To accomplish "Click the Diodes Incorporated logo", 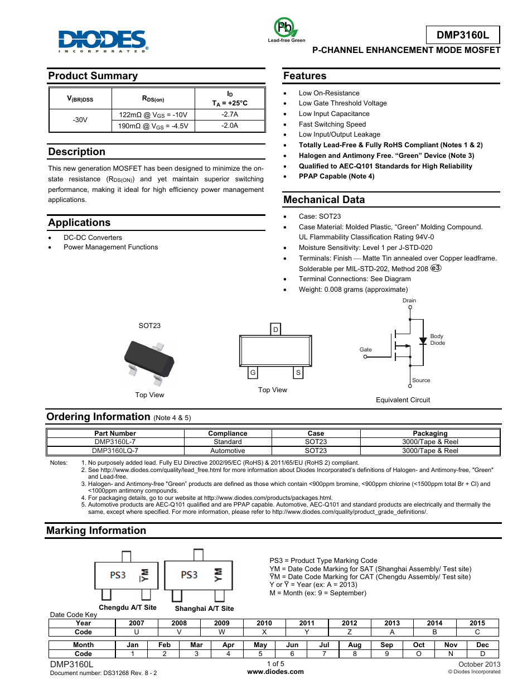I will coord(103,41).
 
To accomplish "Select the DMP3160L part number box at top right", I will coord(462,35).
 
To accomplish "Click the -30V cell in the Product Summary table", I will coord(80,120).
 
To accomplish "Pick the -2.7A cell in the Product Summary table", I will coord(230,114).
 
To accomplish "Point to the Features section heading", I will coord(304,76).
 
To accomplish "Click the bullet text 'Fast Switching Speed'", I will coord(332,124).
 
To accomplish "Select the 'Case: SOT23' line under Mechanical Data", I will coord(320,216).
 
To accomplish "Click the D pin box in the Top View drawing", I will coord(275,330).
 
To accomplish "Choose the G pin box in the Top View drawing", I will coord(253,373).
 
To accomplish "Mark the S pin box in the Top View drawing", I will coord(298,373).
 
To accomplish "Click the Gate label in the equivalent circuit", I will coord(366,350).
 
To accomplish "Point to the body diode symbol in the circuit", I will coord(423,340).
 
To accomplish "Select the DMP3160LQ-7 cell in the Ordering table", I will coord(115,451).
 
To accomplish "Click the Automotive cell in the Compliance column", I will coord(228,451).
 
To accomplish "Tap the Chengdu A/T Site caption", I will coord(128,608).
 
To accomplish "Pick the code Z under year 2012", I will coord(350,632).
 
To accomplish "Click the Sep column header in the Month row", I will coord(386,645).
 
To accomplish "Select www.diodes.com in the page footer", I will coord(275,672).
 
